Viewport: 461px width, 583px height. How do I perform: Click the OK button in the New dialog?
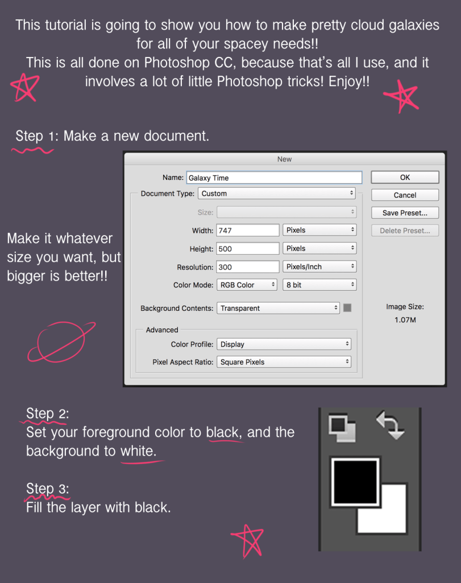point(405,178)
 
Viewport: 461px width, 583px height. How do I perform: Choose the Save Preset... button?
point(405,213)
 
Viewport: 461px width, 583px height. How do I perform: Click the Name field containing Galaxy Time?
point(275,178)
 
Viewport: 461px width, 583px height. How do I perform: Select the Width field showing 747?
point(248,230)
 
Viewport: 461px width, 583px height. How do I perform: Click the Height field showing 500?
point(248,248)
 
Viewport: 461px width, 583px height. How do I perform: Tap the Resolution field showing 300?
point(248,266)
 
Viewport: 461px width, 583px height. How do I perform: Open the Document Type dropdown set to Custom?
point(277,194)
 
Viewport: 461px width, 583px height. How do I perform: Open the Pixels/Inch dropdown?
point(319,266)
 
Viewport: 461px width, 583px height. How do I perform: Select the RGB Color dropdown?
point(247,285)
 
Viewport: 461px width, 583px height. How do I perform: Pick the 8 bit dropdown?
point(319,285)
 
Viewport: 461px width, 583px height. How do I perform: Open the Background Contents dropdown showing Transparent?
point(279,308)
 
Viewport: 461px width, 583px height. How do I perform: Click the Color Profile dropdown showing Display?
point(284,344)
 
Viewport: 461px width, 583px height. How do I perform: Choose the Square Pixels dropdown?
point(284,362)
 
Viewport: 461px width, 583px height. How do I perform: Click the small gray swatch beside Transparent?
point(347,308)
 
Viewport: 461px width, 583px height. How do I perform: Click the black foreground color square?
point(355,482)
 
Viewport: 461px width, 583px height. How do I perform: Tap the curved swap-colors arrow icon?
point(391,425)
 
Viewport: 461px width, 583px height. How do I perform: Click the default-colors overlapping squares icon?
point(342,429)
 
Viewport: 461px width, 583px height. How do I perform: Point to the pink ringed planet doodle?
point(61,342)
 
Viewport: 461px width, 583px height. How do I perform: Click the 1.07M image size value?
point(405,320)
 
